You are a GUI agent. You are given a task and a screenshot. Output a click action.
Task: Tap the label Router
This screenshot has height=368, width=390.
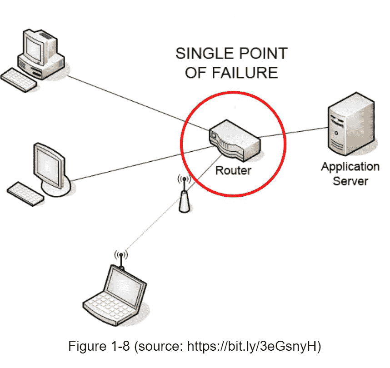233,171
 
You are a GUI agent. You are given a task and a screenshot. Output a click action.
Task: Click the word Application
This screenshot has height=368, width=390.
350,166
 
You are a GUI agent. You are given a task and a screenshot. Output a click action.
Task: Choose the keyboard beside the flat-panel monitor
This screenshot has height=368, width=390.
26,193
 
